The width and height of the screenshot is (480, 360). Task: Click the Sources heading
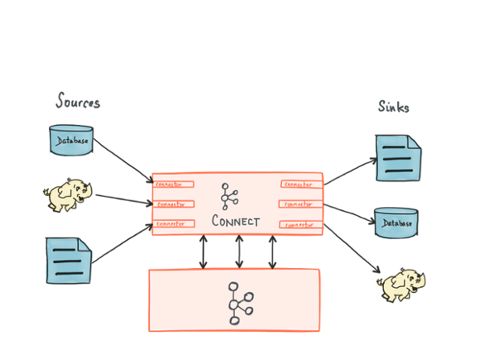click(78, 103)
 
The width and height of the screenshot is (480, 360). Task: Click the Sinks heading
click(394, 107)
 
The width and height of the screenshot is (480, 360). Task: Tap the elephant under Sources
click(67, 195)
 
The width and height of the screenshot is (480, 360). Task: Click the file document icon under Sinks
click(398, 157)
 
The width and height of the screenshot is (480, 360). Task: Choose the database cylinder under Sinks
click(396, 222)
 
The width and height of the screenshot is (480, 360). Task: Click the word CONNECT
click(236, 221)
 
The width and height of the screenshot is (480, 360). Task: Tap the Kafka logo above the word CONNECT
click(229, 196)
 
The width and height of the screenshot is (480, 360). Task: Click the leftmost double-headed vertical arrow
click(203, 252)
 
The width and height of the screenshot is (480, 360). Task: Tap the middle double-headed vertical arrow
click(238, 252)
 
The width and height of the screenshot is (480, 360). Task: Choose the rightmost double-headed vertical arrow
click(272, 252)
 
